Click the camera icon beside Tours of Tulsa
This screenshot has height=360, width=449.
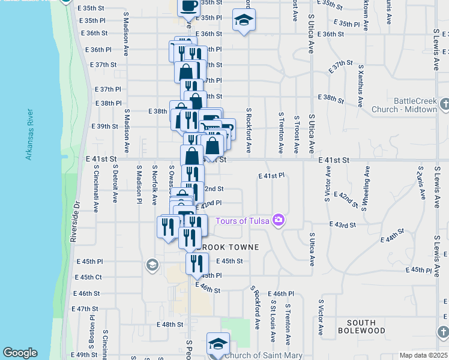click(278, 220)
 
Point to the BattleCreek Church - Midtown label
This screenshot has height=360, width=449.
click(415, 105)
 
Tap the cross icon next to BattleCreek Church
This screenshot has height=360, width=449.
click(444, 105)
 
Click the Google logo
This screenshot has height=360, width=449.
click(20, 353)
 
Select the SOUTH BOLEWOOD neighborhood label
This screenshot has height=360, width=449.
click(361, 326)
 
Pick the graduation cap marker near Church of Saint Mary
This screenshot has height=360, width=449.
click(218, 344)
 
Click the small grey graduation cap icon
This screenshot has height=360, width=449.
click(152, 265)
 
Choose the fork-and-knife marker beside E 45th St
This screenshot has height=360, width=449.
click(196, 263)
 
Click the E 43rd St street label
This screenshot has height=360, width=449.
click(343, 224)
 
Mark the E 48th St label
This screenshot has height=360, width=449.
click(169, 324)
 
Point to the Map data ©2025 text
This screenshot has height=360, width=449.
click(423, 355)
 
